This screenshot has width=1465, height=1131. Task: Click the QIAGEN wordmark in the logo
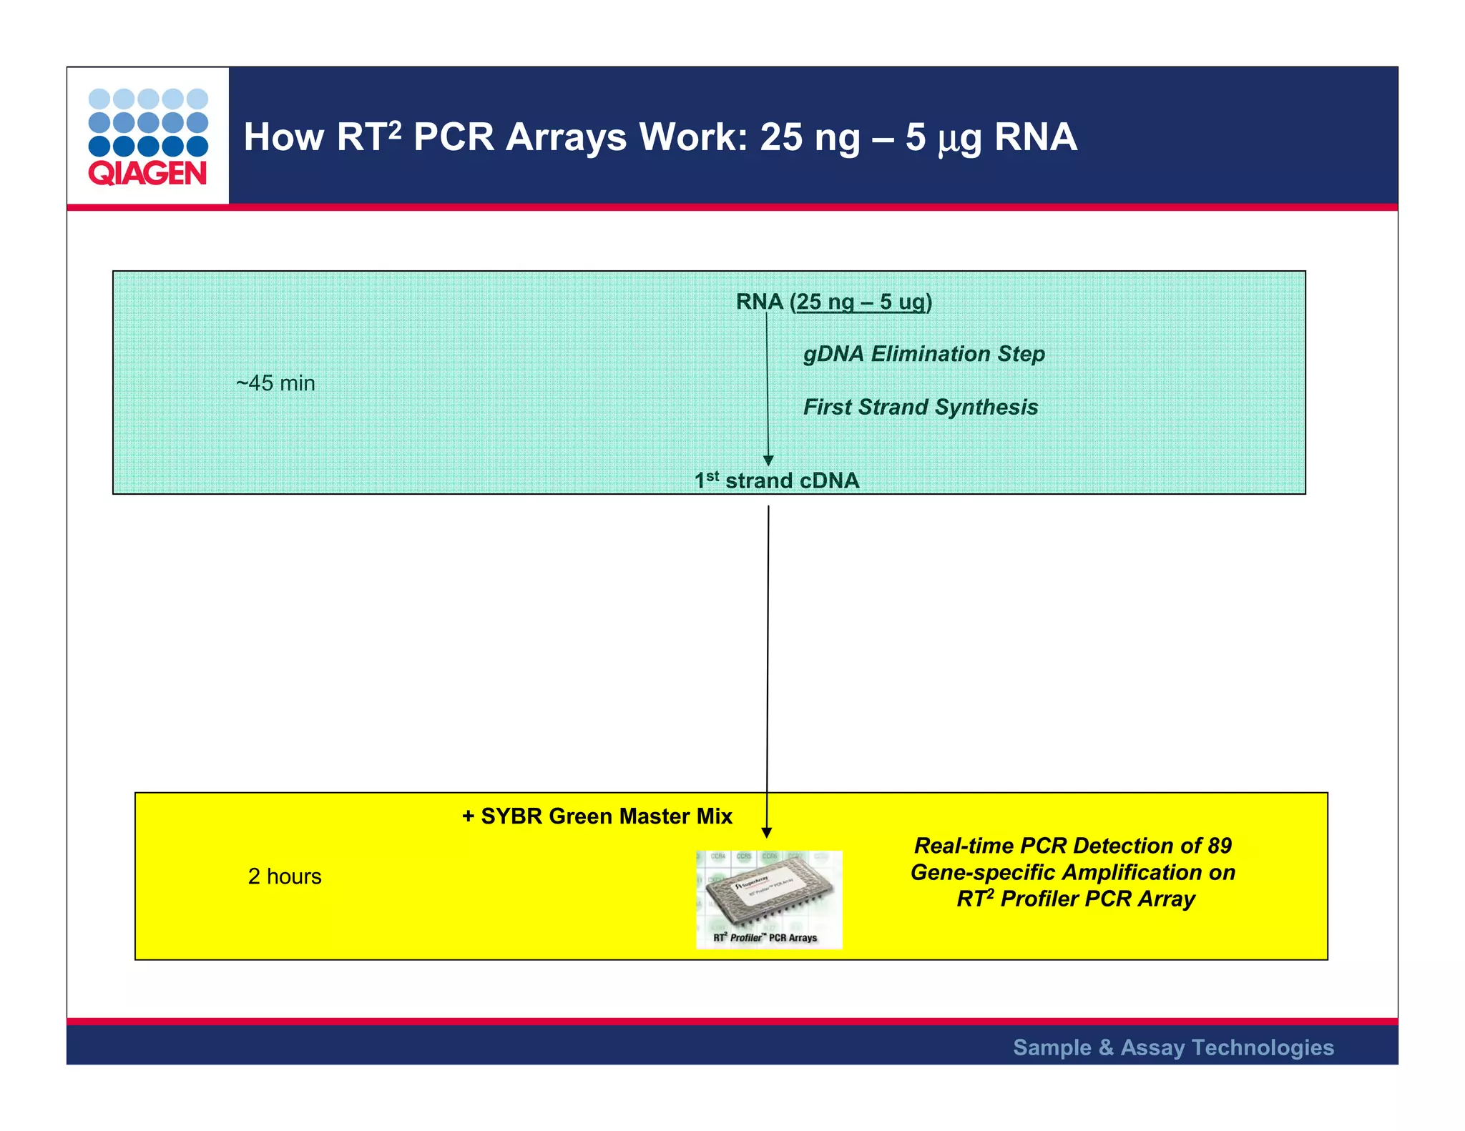(147, 174)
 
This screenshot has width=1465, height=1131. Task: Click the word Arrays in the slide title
(571, 137)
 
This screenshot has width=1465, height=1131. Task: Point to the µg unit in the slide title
(960, 139)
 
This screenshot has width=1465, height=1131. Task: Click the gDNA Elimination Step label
(923, 354)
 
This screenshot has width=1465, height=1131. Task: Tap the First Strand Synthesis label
(920, 407)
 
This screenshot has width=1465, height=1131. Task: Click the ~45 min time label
(275, 383)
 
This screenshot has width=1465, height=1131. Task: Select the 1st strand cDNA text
(777, 480)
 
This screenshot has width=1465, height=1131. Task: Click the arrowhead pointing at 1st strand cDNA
(768, 461)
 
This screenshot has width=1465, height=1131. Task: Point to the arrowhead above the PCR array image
(767, 832)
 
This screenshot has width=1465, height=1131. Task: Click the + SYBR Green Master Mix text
(597, 816)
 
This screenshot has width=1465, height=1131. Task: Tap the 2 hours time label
(285, 876)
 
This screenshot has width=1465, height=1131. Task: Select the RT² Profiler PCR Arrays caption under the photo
(765, 938)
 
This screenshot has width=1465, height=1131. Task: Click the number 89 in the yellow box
(1220, 846)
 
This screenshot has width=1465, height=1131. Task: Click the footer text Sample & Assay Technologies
(1173, 1047)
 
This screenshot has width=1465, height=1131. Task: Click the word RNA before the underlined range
(759, 302)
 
